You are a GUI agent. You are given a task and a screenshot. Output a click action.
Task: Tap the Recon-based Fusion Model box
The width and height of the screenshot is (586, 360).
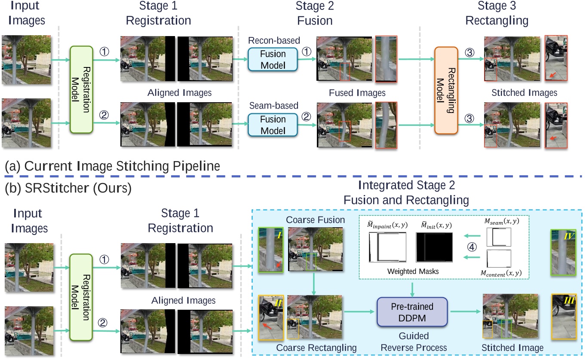coord(273,59)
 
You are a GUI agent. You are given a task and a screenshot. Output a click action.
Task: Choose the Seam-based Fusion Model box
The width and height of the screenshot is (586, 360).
coord(273,119)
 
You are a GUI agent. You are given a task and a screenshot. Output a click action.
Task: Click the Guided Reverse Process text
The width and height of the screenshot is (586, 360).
coord(412,342)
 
